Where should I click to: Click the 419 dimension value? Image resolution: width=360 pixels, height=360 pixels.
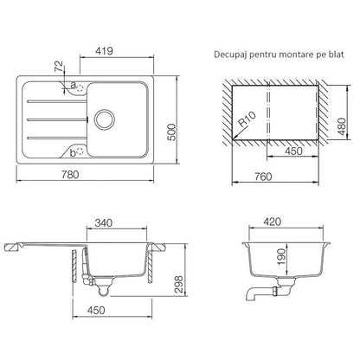pos(104,51)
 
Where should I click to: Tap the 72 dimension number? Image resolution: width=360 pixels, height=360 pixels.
pos(59,67)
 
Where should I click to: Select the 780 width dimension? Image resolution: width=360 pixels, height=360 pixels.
pos(70,175)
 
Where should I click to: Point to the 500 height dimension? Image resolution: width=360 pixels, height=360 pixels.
pos(171,132)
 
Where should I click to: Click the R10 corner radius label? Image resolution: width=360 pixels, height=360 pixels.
pos(247,119)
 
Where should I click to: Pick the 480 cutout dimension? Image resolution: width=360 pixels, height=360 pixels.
pos(342,126)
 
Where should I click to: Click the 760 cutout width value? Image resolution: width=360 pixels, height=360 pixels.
pos(263,177)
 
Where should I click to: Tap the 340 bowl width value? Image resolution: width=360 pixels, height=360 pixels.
pos(104,222)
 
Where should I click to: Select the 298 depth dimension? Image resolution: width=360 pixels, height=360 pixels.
pos(179,284)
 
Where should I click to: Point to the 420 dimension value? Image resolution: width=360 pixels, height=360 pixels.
pos(272,222)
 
